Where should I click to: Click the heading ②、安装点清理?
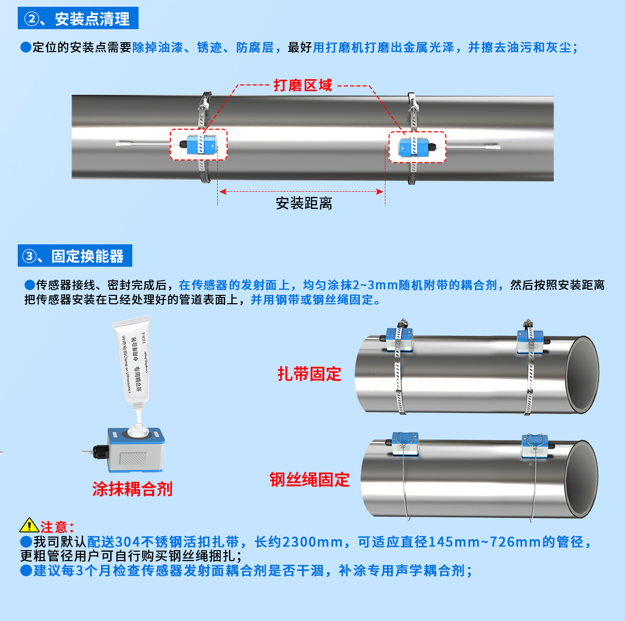pos(78,19)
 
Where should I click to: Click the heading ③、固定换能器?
pos(75,256)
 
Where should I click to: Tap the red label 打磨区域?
pos(303,85)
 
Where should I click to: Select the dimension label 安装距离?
pos(304,203)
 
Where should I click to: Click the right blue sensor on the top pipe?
pos(416,147)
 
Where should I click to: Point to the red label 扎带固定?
pos(309,374)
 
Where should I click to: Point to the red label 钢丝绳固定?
pos(309,479)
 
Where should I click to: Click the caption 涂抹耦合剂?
pos(132,489)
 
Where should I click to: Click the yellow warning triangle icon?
pos(29,526)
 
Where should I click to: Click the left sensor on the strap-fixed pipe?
pos(399,340)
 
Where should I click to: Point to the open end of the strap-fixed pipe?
pos(582,374)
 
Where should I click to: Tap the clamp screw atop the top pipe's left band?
pos(206,99)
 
